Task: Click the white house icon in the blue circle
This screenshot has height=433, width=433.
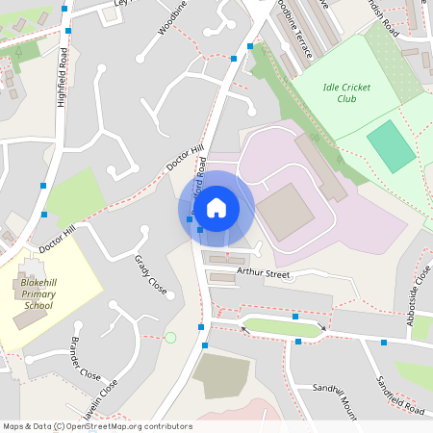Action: pyautogui.click(x=216, y=208)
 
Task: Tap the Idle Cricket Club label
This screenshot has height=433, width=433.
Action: pyautogui.click(x=335, y=92)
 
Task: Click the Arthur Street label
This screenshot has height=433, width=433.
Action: pyautogui.click(x=263, y=273)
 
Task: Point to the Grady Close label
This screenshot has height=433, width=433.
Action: pyautogui.click(x=151, y=277)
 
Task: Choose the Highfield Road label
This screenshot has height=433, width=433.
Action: pyautogui.click(x=63, y=78)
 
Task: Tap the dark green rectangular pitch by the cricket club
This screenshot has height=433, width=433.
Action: pyautogui.click(x=392, y=146)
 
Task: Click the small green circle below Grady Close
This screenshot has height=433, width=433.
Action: pyautogui.click(x=170, y=337)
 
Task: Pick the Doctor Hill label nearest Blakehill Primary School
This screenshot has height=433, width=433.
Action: pyautogui.click(x=57, y=233)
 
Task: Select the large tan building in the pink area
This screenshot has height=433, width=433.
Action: pyautogui.click(x=285, y=213)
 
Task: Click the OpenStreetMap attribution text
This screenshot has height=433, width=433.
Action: pyautogui.click(x=97, y=426)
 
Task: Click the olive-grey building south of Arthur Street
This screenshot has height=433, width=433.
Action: pyautogui.click(x=220, y=376)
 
